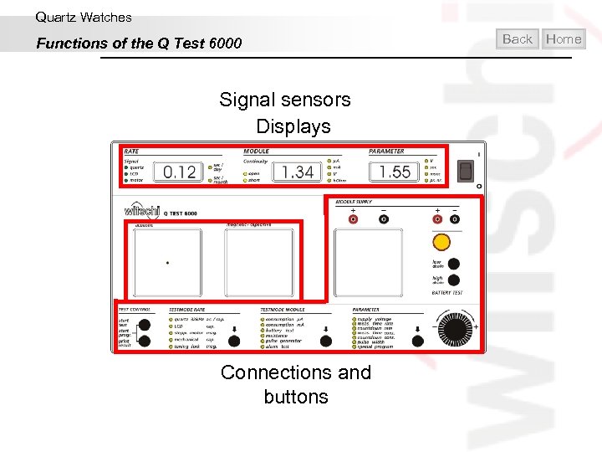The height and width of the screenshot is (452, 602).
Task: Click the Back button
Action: (x=518, y=39)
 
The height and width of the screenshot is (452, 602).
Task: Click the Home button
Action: (x=564, y=39)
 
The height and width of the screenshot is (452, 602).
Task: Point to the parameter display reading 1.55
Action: (x=395, y=172)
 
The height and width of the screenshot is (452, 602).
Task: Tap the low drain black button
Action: (x=454, y=263)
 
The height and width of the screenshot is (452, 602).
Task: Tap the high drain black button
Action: (x=454, y=281)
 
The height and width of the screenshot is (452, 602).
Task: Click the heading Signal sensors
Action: (x=285, y=100)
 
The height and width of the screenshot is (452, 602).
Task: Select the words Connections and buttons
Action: (x=296, y=384)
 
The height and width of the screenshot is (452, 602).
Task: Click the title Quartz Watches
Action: (x=84, y=17)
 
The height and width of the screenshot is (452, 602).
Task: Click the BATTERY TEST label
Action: (x=446, y=293)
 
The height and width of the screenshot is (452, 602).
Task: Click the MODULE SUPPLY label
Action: (x=355, y=203)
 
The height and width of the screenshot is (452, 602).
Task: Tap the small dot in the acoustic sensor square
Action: (x=167, y=263)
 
